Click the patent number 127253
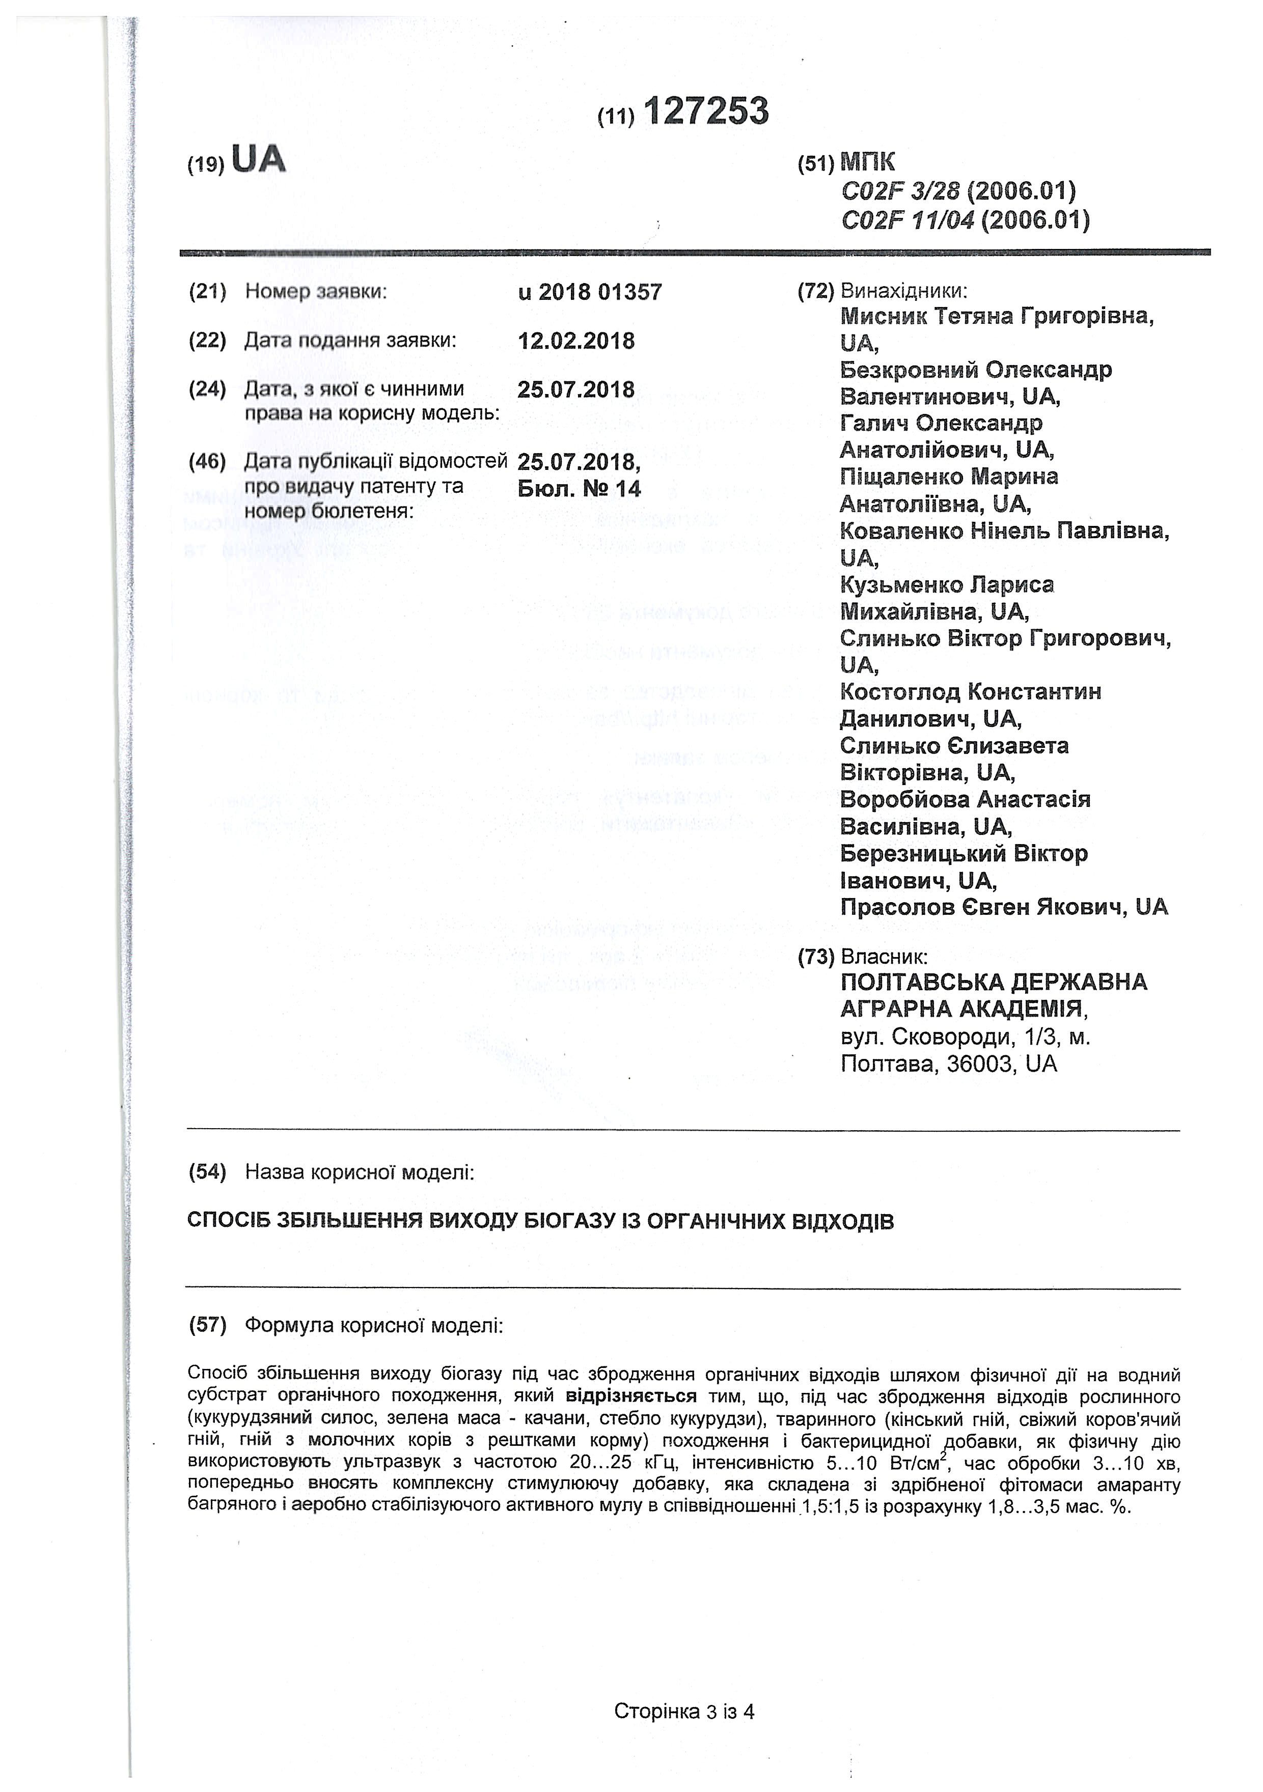tap(706, 111)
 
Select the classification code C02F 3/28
tap(900, 190)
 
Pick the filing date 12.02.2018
tap(576, 341)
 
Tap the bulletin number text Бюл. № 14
tap(579, 489)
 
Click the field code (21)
tap(208, 292)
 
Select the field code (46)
tap(208, 461)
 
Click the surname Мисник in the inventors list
tap(885, 316)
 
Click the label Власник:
tap(884, 957)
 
